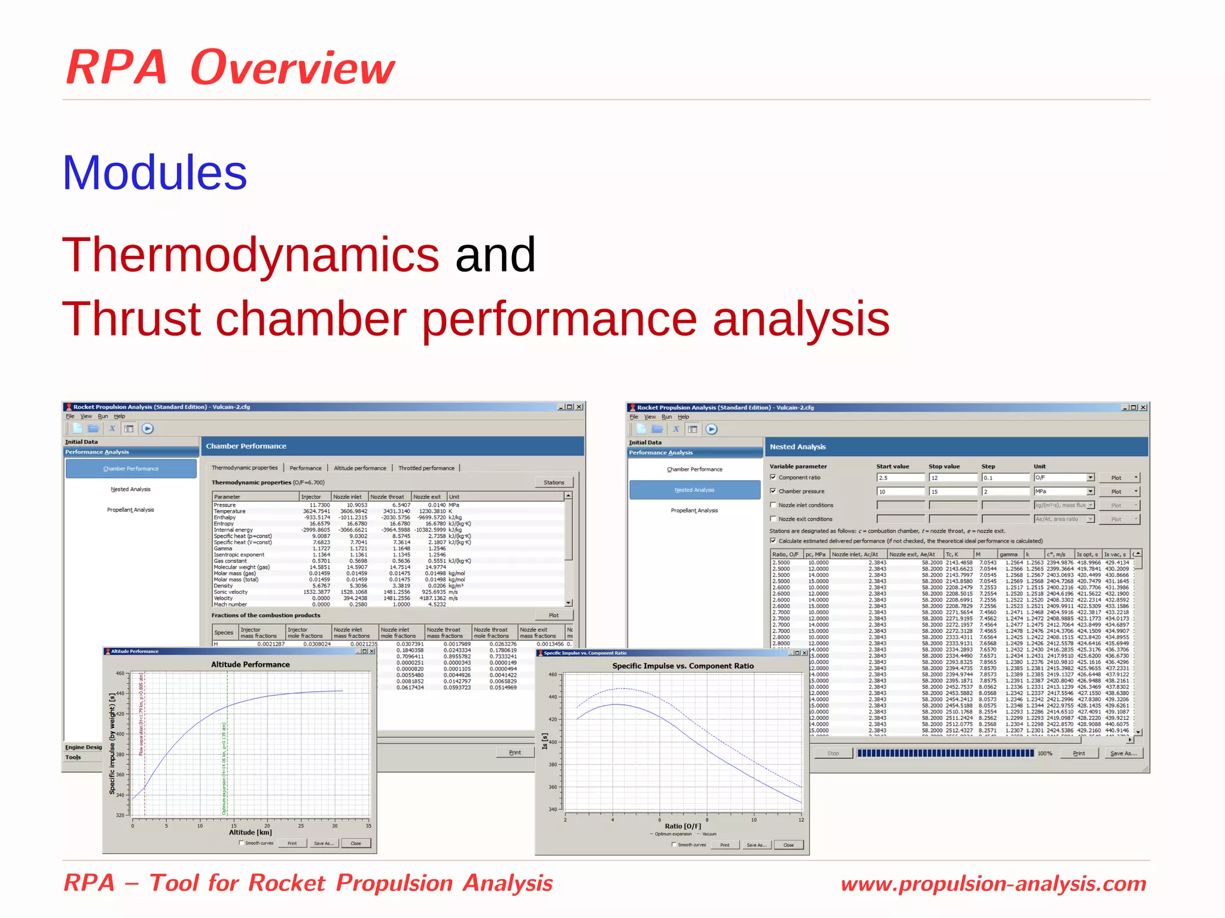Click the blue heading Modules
click(x=154, y=173)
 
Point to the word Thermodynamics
click(x=251, y=255)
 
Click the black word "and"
click(x=495, y=255)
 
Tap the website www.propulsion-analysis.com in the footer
click(x=993, y=883)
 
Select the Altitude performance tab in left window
click(x=359, y=468)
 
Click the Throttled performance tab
click(x=426, y=468)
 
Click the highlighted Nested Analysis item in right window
click(x=694, y=490)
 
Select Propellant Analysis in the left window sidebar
click(x=130, y=510)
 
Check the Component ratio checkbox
click(x=773, y=477)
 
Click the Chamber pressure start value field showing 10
click(x=900, y=492)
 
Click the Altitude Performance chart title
click(x=250, y=664)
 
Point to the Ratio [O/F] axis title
click(x=682, y=826)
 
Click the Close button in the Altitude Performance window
click(x=356, y=843)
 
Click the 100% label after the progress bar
click(x=1044, y=754)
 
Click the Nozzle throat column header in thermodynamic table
click(x=387, y=496)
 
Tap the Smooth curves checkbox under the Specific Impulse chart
click(x=674, y=845)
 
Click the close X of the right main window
click(x=1142, y=407)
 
